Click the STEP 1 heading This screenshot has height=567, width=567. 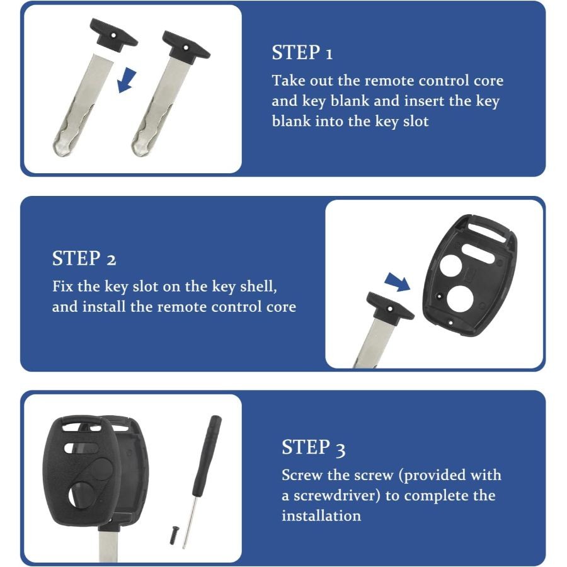(302, 53)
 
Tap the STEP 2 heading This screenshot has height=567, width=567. (84, 258)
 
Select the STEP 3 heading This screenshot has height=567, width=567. (314, 448)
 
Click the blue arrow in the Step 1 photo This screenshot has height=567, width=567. (126, 80)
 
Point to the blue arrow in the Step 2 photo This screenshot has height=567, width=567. (398, 282)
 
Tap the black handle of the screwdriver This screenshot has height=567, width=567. (207, 456)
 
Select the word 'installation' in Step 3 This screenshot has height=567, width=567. (321, 515)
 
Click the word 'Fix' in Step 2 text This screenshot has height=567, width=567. (62, 287)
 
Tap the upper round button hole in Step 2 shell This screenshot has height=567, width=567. (450, 265)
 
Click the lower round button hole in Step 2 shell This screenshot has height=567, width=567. (458, 297)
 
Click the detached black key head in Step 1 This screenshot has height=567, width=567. (113, 33)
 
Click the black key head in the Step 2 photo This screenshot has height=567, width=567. (390, 306)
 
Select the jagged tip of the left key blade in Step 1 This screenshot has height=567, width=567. (63, 147)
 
